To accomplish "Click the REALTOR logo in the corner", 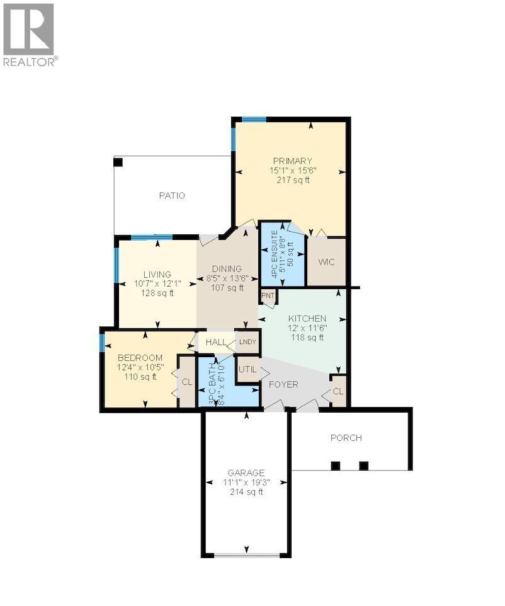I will (x=29, y=34).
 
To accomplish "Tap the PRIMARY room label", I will (x=292, y=161).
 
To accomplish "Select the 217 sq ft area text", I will (x=292, y=180).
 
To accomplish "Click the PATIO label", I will (x=171, y=195).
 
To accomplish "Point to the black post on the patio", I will (x=118, y=162).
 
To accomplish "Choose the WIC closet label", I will (x=326, y=261).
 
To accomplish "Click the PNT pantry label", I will (x=267, y=295).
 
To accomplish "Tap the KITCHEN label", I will (x=307, y=318).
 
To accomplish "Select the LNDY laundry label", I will (x=247, y=342).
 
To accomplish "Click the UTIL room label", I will (x=247, y=369).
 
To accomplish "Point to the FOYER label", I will (x=283, y=384).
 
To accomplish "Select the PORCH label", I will (x=346, y=438).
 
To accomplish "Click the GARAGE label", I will (x=246, y=472).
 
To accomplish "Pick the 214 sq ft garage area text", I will (x=246, y=492).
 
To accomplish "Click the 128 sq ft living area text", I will (x=157, y=293).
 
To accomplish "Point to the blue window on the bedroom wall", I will (x=102, y=342).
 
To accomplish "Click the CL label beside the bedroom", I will (x=187, y=381).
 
